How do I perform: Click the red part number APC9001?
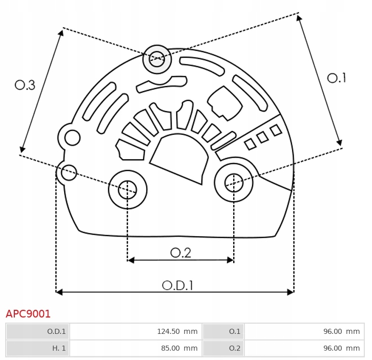[x=28, y=314]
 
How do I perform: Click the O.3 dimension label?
[x=25, y=85]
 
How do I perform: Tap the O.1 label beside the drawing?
[x=337, y=78]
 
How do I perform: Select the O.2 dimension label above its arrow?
[x=180, y=253]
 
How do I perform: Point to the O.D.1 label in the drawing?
[x=177, y=285]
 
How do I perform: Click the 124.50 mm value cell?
[x=135, y=331]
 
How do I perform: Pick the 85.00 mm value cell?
[x=135, y=348]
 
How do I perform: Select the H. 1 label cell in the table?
[x=38, y=348]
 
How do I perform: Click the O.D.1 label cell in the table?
[x=38, y=331]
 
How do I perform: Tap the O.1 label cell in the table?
[x=223, y=331]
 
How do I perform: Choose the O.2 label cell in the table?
[x=223, y=348]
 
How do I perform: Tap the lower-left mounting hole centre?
[x=128, y=189]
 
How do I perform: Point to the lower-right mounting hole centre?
[x=234, y=183]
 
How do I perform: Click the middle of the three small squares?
[x=263, y=137]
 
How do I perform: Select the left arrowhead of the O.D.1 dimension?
[x=59, y=292]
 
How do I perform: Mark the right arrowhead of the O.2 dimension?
[x=231, y=260]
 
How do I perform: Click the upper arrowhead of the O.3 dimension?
[x=61, y=33]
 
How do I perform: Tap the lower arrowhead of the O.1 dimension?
[x=340, y=142]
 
